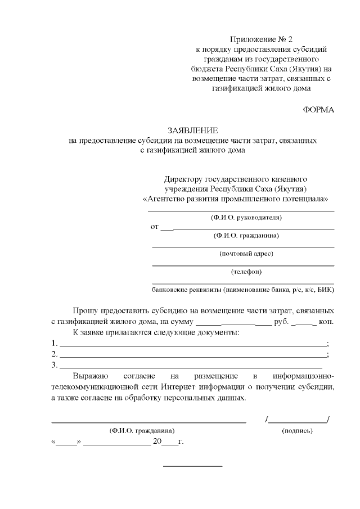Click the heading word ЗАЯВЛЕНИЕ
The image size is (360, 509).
tap(192, 129)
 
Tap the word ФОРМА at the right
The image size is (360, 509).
tap(318, 110)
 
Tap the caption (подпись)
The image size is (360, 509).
tap(297, 431)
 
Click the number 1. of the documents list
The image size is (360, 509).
tap(54, 344)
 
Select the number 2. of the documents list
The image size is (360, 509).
tap(54, 354)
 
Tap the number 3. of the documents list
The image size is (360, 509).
tap(54, 365)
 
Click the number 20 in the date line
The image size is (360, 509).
tap(157, 442)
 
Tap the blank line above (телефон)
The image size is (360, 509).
tap(243, 265)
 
